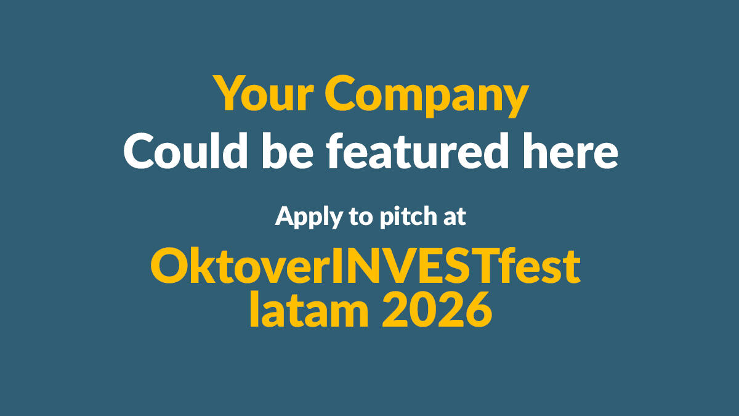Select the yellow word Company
pyautogui.click(x=427, y=96)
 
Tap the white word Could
pyautogui.click(x=186, y=150)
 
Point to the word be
pyautogui.click(x=288, y=150)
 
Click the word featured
pyautogui.click(x=418, y=150)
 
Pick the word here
pyautogui.click(x=570, y=150)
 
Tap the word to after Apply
pyautogui.click(x=361, y=217)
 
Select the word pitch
pyautogui.click(x=408, y=217)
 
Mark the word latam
pyautogui.click(x=309, y=309)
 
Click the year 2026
pyautogui.click(x=437, y=309)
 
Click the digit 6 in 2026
pyautogui.click(x=479, y=309)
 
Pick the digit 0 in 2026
pyautogui.click(x=423, y=309)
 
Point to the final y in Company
pyautogui.click(x=515, y=100)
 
